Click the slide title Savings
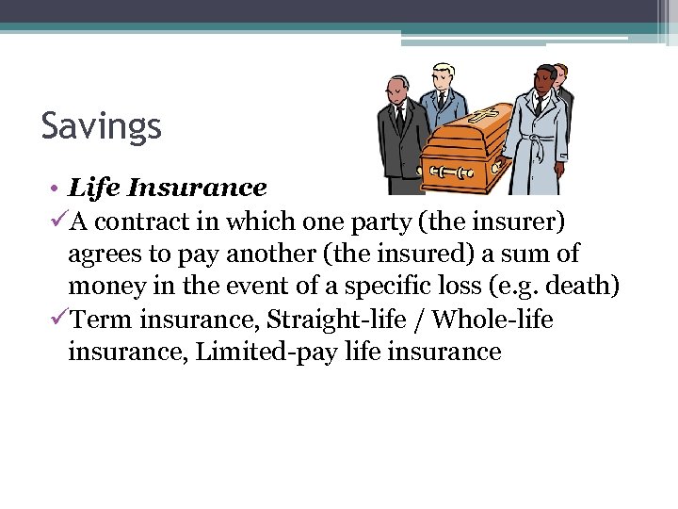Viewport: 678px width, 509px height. point(101,125)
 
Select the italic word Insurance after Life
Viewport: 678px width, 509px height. point(198,189)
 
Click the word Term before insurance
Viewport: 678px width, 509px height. point(102,320)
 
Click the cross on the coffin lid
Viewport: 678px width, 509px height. point(483,117)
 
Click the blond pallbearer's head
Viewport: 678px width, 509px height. point(443,75)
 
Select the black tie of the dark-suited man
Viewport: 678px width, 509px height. point(400,118)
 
